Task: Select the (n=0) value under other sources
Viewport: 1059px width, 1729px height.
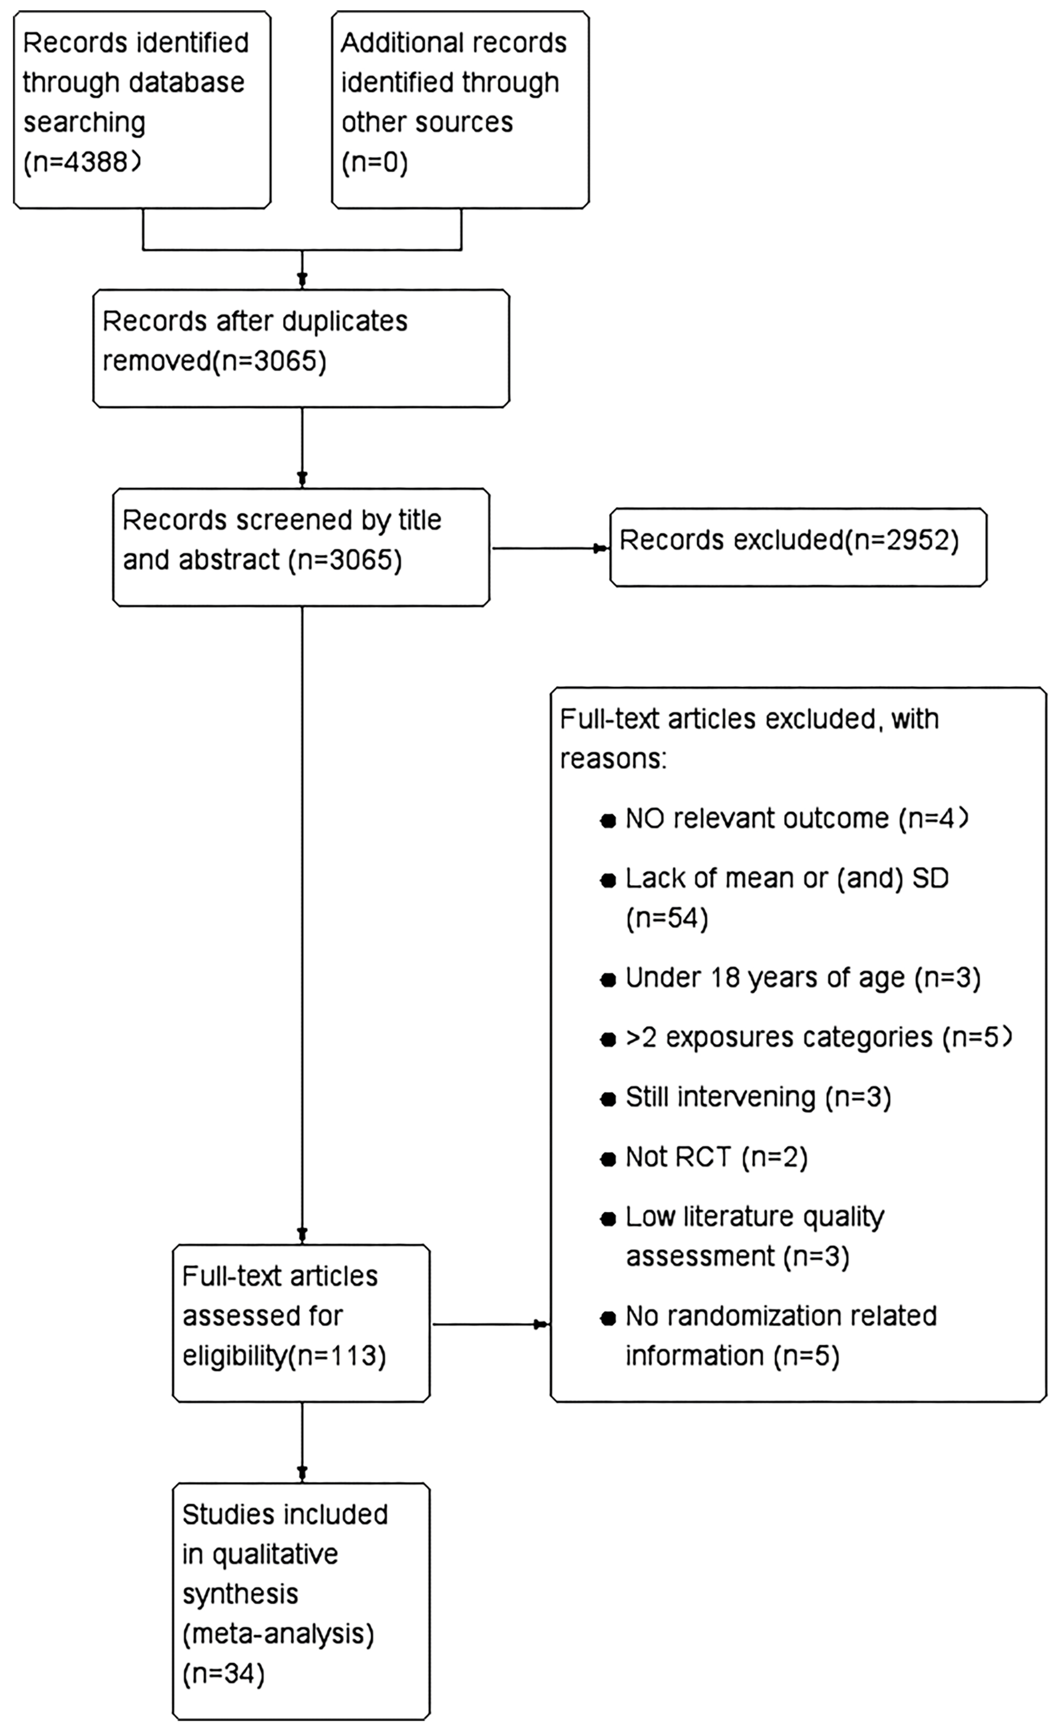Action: click(374, 162)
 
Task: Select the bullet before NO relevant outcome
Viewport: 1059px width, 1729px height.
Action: click(608, 821)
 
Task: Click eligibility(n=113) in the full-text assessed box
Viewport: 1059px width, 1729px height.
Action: click(284, 1356)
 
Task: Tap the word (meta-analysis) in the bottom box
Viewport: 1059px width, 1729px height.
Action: click(278, 1634)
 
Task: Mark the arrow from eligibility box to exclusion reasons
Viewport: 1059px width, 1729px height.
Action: click(540, 1325)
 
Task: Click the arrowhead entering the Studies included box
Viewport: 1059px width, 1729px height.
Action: click(302, 1474)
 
